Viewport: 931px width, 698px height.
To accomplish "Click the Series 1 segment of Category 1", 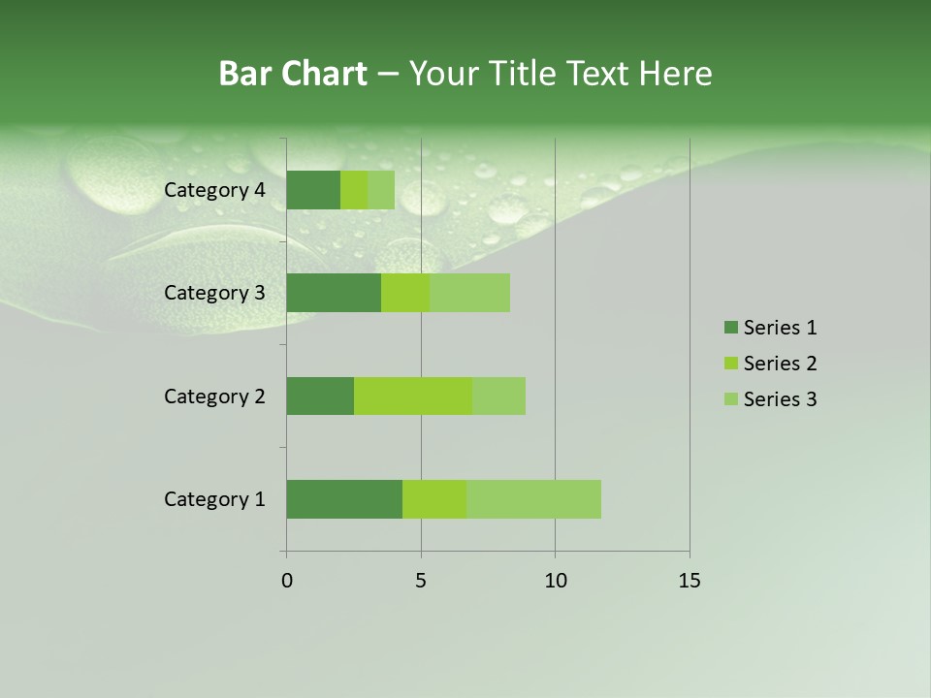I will pos(344,499).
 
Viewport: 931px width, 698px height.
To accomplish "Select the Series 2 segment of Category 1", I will pos(434,499).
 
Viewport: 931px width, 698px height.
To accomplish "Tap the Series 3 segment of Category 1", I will pos(533,499).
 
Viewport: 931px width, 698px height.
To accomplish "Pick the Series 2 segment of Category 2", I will pos(413,396).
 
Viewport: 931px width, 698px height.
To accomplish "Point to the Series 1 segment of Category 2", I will pos(320,396).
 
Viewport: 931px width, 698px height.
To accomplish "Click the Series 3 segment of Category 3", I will pos(469,293).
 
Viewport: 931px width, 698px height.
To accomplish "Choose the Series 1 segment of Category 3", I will pos(334,293).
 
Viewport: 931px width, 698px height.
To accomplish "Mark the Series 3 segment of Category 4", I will pos(381,190).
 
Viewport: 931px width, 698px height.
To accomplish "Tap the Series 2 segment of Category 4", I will pos(354,190).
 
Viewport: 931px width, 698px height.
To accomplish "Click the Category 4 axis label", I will pos(214,190).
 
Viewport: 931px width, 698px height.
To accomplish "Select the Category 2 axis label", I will pos(214,396).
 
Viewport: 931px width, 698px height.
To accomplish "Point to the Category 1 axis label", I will pos(214,499).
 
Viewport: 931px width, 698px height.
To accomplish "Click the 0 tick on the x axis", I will pos(287,581).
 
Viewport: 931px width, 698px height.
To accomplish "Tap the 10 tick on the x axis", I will pos(555,581).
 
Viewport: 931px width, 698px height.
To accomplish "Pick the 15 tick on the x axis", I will pos(689,581).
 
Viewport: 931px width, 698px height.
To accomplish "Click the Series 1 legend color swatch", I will pos(731,328).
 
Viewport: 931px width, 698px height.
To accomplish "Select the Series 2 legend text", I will pos(780,364).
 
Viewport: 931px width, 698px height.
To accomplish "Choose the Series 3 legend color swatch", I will pos(731,399).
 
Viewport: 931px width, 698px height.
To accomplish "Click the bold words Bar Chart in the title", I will pos(293,74).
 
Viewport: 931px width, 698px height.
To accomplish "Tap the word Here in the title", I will pos(677,74).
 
